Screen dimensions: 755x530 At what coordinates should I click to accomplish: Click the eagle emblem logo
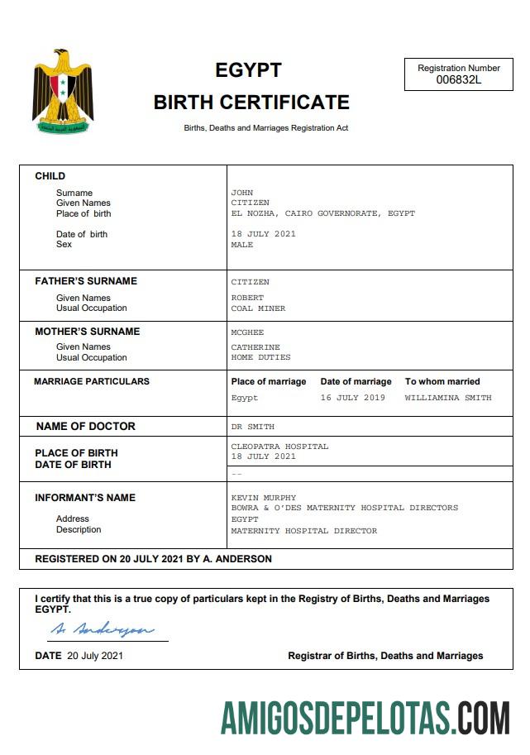click(x=63, y=92)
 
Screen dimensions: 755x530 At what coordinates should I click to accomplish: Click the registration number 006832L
click(x=458, y=80)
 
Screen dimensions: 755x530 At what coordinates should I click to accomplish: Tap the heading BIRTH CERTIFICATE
click(x=251, y=103)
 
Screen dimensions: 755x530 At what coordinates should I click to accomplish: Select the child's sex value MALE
click(x=242, y=245)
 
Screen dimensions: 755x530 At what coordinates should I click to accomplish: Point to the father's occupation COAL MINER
click(x=258, y=308)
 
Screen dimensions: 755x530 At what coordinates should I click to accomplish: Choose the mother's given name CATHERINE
click(x=255, y=347)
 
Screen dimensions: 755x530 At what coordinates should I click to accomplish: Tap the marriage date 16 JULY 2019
click(x=352, y=398)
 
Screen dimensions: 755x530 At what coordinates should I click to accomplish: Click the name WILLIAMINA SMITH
click(x=447, y=398)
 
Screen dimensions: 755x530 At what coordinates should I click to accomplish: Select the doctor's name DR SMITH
click(x=252, y=427)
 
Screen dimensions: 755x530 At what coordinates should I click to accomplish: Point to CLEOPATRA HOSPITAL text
click(x=279, y=447)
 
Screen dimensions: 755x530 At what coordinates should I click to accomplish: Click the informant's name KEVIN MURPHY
click(x=262, y=498)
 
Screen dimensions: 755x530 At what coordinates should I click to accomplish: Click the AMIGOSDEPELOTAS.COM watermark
click(x=365, y=716)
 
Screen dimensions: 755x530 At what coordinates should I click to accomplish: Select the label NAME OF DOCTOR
click(x=85, y=427)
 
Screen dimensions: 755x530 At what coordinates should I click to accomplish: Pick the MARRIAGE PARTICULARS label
click(x=92, y=381)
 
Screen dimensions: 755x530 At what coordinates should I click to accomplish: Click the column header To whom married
click(x=442, y=381)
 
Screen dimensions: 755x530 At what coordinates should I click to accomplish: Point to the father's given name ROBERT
click(x=247, y=298)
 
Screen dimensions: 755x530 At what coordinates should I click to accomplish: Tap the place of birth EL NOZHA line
click(x=322, y=213)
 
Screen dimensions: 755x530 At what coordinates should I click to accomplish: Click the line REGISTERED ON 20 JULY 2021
click(x=153, y=559)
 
